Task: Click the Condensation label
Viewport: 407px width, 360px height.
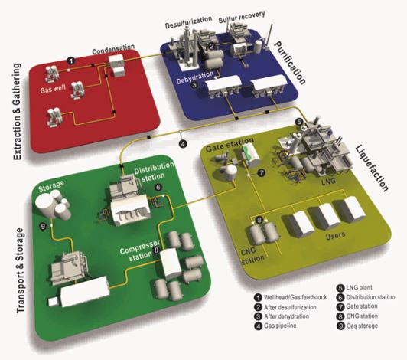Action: click(113, 49)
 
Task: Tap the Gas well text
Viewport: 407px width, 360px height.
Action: click(53, 89)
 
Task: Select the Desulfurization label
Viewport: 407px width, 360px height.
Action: click(188, 22)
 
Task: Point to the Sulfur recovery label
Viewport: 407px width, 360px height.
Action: click(242, 17)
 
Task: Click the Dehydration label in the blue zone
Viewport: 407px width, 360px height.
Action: click(194, 77)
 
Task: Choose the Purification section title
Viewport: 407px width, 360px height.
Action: click(290, 63)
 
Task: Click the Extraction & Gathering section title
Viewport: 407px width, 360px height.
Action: click(17, 111)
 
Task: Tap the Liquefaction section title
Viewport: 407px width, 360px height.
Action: click(372, 168)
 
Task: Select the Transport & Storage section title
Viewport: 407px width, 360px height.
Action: click(21, 270)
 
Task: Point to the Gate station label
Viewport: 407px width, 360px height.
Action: click(230, 145)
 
